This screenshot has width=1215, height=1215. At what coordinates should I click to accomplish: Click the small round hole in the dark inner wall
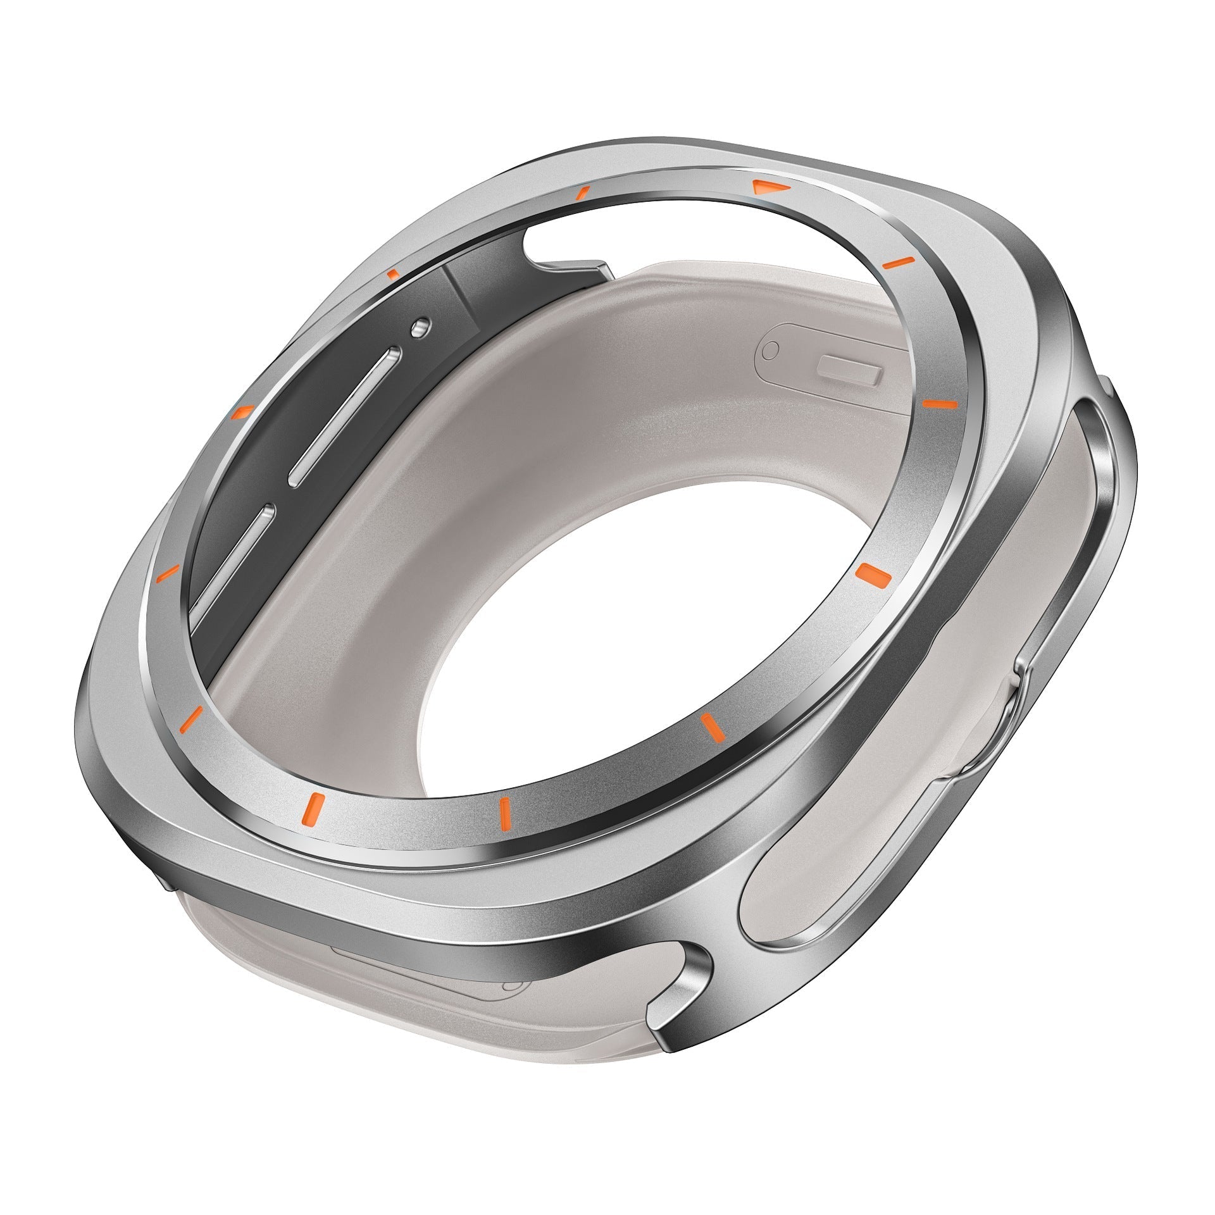pos(420,327)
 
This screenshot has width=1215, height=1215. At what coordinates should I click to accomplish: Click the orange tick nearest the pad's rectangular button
pos(939,402)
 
